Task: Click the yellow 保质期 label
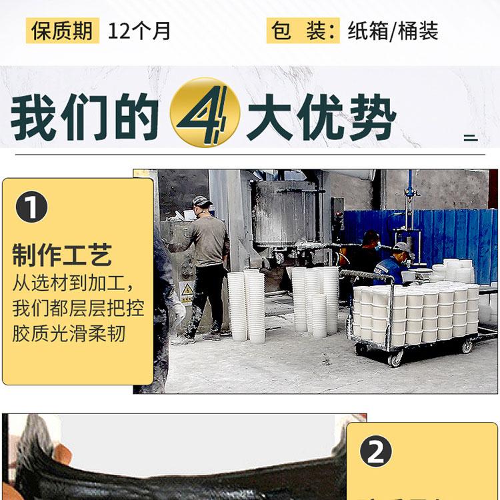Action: click(63, 31)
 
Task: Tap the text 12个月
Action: click(139, 31)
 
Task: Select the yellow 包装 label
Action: click(303, 31)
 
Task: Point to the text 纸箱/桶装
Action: click(393, 31)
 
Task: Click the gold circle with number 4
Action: click(205, 112)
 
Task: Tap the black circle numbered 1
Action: click(31, 207)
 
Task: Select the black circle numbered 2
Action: click(375, 451)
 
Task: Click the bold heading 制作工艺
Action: click(62, 255)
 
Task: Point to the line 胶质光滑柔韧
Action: click(69, 333)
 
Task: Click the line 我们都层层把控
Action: click(79, 308)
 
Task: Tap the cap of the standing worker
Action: click(201, 201)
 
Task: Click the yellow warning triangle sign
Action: click(187, 290)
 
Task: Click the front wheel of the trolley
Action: click(396, 359)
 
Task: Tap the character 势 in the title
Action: click(373, 117)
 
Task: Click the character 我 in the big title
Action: click(32, 117)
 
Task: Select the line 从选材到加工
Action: click(73, 283)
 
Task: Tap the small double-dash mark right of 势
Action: click(471, 138)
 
